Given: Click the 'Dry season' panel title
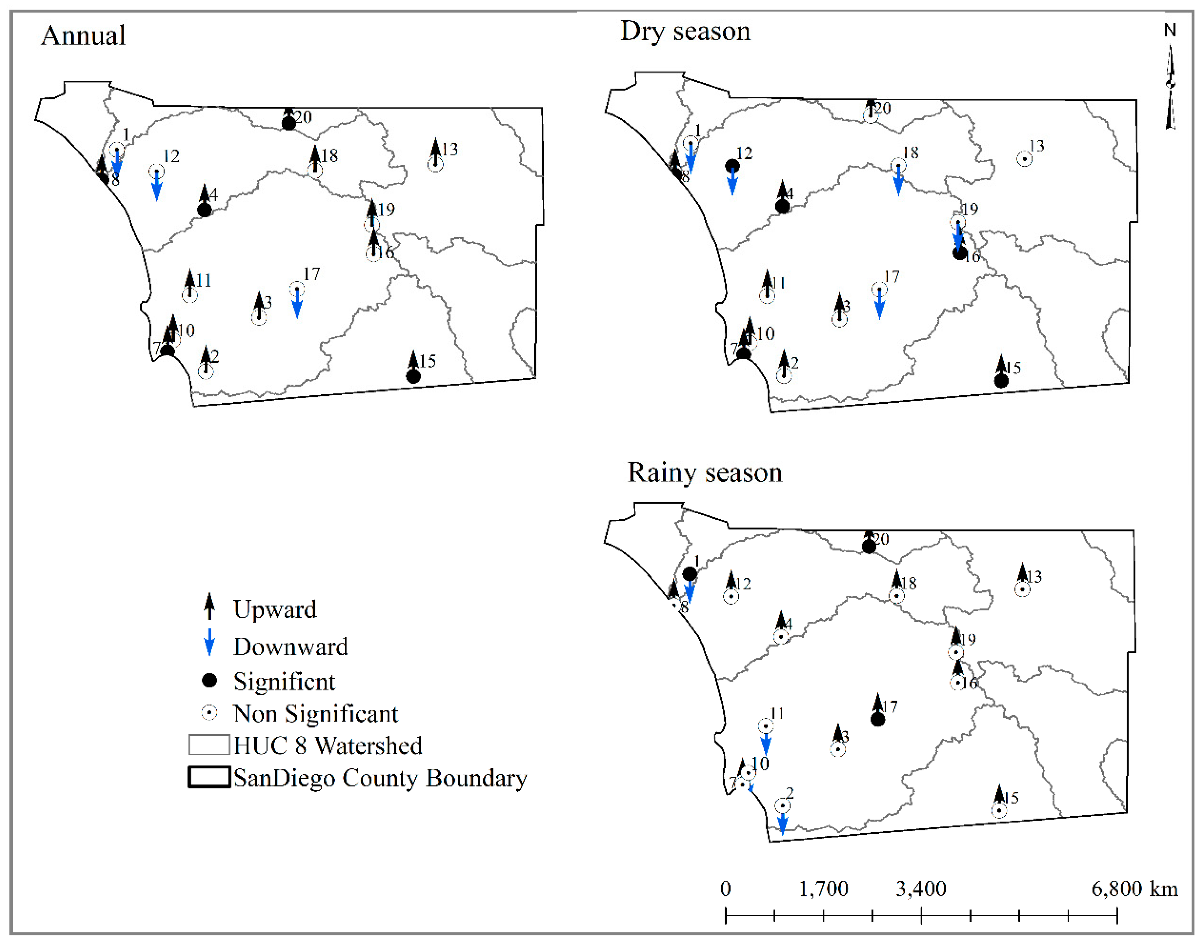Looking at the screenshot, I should [685, 31].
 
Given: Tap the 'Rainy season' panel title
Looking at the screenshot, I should [704, 472].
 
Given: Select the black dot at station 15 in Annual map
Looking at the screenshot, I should [413, 376].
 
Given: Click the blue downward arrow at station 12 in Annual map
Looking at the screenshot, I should [157, 186].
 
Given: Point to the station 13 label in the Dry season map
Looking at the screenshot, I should [1036, 146].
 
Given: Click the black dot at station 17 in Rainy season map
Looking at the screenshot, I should [877, 719].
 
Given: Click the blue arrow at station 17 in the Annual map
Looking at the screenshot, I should [297, 305].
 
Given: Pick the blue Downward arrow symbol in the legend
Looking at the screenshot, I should [210, 643].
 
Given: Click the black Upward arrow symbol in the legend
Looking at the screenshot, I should [210, 606].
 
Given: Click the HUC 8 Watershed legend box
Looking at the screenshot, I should [209, 745].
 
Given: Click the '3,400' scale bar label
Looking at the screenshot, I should [921, 889].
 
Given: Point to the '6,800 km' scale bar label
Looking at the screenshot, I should [1134, 889].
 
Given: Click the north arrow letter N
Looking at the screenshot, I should [1170, 30].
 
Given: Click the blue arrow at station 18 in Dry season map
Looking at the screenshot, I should [898, 182].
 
